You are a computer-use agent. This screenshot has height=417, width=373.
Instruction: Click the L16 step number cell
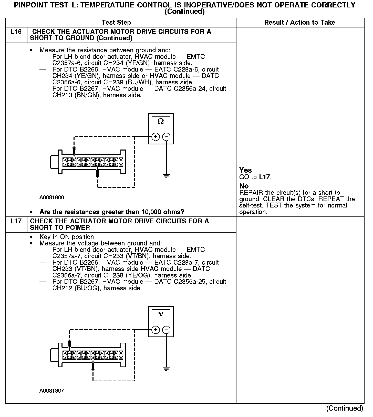(x=16, y=32)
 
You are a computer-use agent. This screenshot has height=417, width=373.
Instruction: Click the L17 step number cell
(x=16, y=221)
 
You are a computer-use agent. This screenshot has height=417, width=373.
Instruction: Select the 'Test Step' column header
(x=116, y=23)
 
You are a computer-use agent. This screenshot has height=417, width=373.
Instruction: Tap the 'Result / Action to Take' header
(x=299, y=23)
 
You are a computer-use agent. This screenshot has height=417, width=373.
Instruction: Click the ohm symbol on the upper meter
(x=161, y=121)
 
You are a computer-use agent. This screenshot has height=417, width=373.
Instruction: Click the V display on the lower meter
(x=161, y=314)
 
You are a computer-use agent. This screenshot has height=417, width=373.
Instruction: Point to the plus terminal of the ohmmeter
(x=156, y=137)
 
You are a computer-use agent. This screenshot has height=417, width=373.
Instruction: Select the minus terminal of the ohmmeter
(x=167, y=137)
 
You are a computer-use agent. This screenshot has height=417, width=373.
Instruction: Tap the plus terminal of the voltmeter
(x=156, y=330)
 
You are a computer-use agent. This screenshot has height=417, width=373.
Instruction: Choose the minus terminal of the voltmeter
(x=167, y=330)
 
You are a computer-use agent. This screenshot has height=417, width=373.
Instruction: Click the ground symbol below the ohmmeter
(x=167, y=176)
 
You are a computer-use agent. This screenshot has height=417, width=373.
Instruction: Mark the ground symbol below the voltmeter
(x=167, y=369)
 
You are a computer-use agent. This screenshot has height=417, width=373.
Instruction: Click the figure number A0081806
(x=52, y=198)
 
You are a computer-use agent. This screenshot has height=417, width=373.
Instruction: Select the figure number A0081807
(x=52, y=391)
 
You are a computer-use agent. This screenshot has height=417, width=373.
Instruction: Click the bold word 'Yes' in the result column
(x=245, y=170)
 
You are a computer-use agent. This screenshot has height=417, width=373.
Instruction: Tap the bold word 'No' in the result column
(x=244, y=186)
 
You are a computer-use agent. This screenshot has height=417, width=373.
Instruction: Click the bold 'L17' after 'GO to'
(x=265, y=177)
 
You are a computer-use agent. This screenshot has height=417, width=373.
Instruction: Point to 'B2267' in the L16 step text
(x=89, y=89)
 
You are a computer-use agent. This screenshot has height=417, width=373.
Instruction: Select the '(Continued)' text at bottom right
(x=345, y=408)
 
